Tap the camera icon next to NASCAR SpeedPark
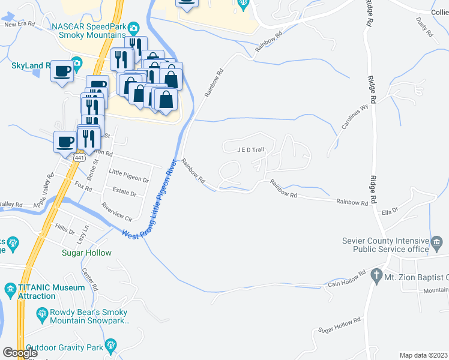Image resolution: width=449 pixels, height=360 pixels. point(133,27)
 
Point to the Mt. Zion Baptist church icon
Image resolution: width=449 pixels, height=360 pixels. point(376,276)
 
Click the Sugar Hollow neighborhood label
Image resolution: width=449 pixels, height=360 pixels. point(86,253)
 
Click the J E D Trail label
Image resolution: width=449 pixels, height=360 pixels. point(250,149)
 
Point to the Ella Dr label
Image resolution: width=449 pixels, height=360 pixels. point(390,211)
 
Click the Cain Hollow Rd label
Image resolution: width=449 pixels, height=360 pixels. point(347,278)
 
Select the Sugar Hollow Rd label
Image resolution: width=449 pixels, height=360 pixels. point(339,325)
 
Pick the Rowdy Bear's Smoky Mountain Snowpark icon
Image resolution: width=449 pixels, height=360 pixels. point(42,313)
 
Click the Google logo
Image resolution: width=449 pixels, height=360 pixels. point(20,352)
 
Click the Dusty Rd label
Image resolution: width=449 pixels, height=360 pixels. point(424,28)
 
